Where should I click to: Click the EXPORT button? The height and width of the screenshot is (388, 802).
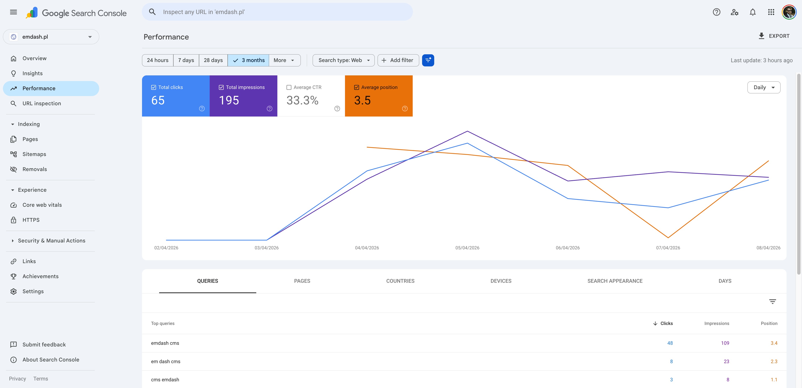(774, 36)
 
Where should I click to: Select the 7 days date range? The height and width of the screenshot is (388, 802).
(186, 60)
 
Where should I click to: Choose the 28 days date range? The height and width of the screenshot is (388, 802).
(213, 60)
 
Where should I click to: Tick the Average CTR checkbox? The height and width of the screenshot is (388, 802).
(289, 87)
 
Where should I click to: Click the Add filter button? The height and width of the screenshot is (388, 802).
(398, 60)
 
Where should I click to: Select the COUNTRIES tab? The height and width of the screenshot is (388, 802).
(400, 281)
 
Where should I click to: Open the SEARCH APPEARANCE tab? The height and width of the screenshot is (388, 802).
(615, 281)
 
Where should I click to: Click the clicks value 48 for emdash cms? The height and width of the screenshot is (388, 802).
(670, 343)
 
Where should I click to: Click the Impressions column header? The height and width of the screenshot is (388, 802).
(716, 323)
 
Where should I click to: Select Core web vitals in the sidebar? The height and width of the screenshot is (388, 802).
(42, 205)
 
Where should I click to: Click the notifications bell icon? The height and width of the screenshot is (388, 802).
(753, 12)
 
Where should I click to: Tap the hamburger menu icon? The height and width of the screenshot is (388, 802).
(13, 12)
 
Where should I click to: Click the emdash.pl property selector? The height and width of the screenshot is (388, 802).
(51, 37)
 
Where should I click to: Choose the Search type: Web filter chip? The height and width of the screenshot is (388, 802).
(343, 60)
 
